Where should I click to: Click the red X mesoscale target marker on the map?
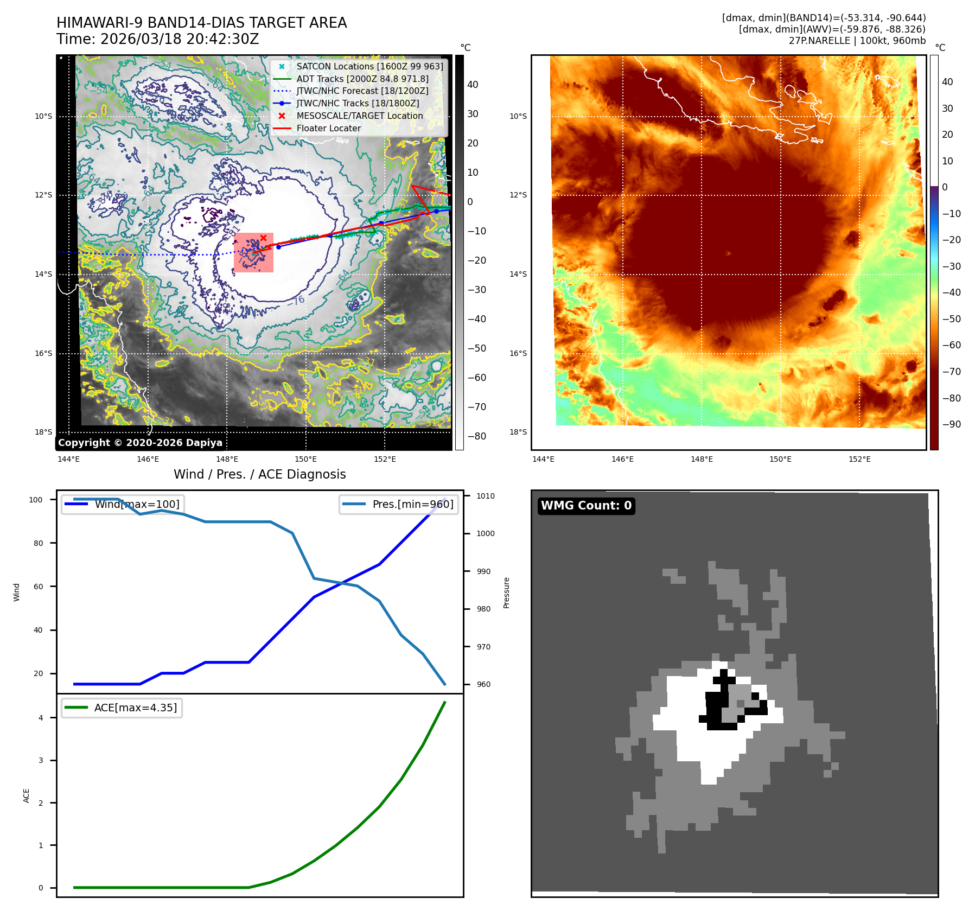[263, 238]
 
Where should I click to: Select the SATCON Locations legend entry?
[369, 66]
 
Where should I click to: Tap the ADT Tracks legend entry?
[362, 79]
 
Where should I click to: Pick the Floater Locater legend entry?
[328, 128]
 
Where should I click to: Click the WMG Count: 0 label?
[586, 506]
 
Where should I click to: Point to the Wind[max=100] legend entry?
[136, 504]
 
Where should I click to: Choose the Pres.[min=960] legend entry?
[412, 504]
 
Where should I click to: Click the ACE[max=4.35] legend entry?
[135, 708]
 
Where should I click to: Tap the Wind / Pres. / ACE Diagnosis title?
[259, 474]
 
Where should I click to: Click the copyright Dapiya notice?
[140, 443]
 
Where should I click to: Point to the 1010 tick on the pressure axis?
[485, 496]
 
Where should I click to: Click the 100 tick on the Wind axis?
[36, 500]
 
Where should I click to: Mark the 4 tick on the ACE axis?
[41, 718]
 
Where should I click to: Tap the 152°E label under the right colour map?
[859, 459]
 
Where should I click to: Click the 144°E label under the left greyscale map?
[69, 459]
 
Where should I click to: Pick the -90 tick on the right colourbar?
[951, 424]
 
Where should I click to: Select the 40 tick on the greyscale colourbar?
[473, 85]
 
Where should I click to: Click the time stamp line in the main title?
[157, 39]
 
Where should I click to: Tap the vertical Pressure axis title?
[506, 593]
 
